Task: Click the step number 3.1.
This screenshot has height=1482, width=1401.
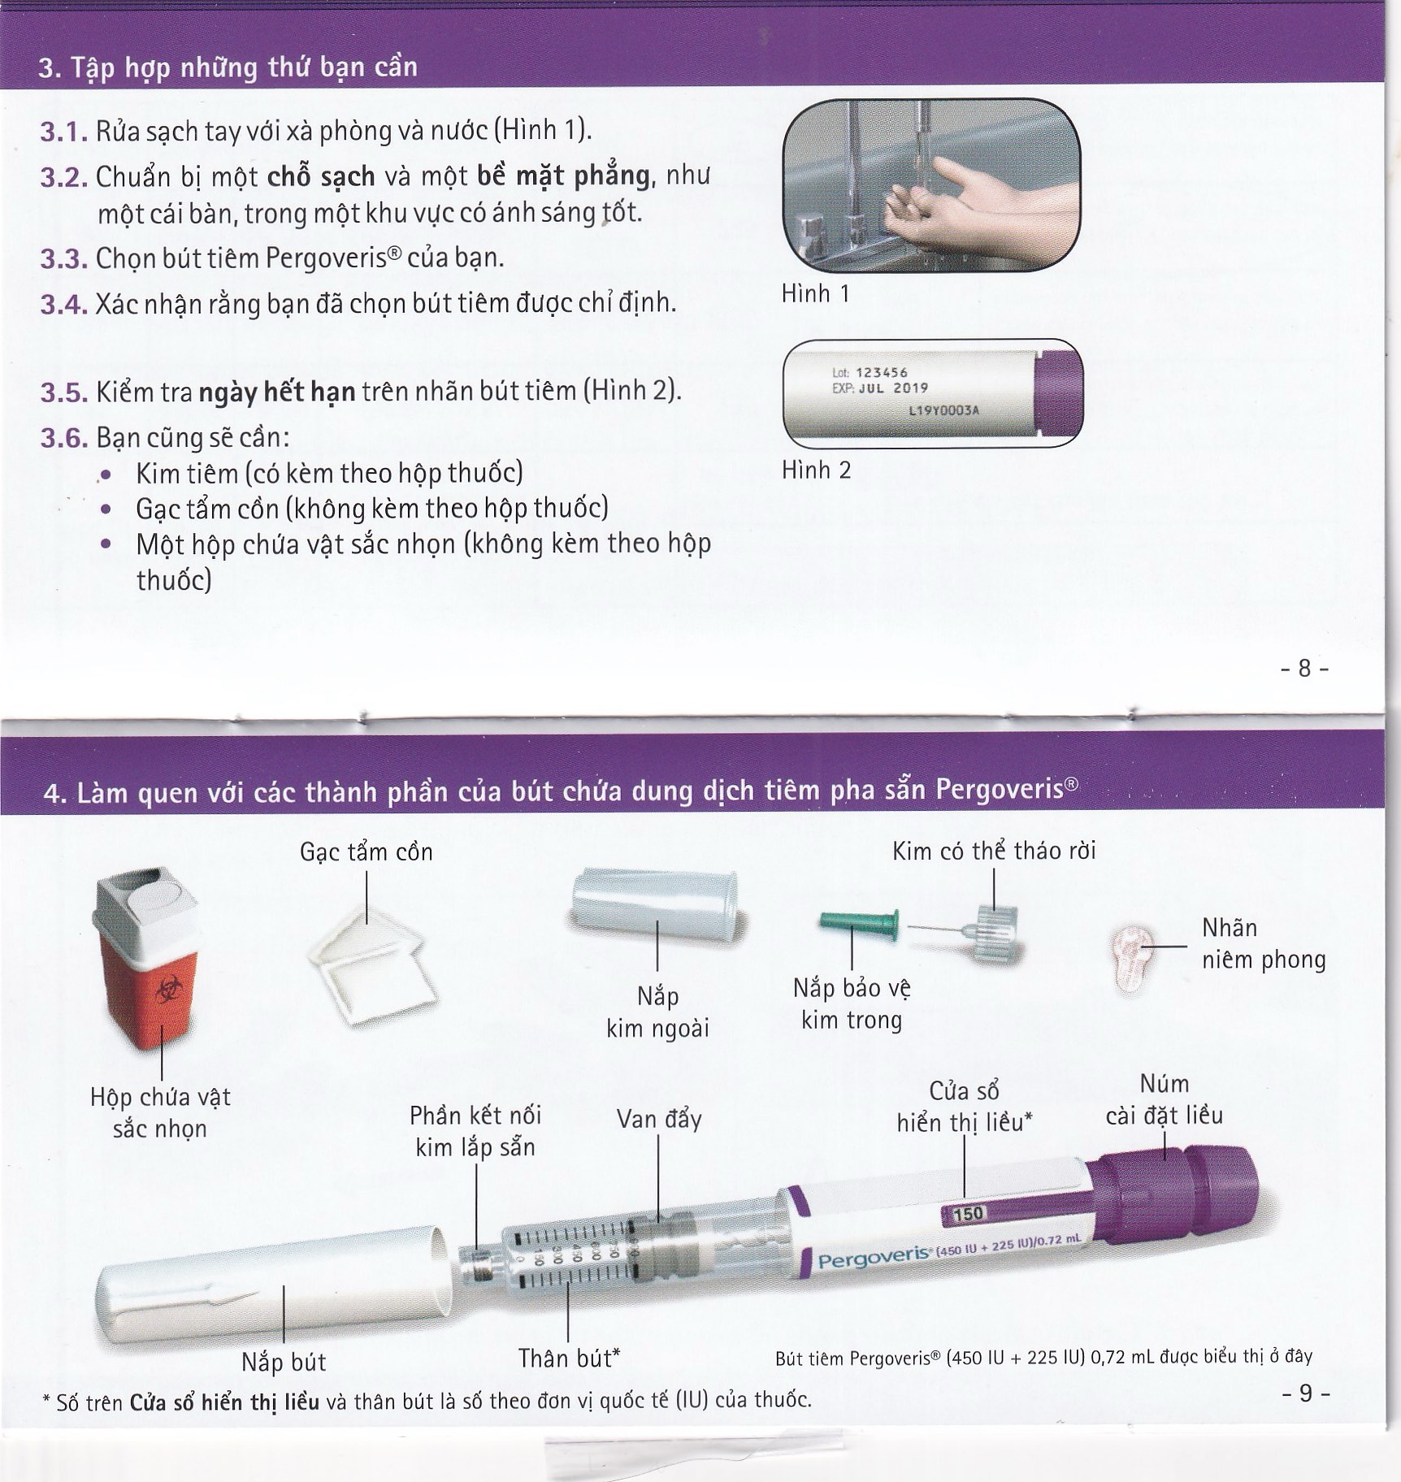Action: point(63,132)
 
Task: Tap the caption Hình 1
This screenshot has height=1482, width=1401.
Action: point(815,293)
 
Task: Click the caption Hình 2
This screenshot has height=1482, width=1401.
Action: point(816,470)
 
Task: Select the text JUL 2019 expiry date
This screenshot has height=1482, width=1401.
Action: point(893,388)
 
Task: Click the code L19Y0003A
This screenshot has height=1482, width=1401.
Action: point(943,410)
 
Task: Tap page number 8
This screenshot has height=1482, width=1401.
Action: point(1303,668)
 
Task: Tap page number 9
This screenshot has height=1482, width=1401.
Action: point(1305,1393)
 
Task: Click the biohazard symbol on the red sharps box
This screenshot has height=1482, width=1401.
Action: point(168,991)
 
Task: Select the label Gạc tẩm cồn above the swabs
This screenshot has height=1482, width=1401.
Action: point(366,851)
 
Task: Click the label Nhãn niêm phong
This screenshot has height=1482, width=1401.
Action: point(1262,943)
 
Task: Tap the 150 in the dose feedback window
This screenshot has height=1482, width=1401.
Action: point(967,1214)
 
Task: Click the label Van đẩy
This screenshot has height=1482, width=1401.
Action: point(658,1119)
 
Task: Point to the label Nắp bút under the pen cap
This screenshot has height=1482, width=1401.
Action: point(283,1362)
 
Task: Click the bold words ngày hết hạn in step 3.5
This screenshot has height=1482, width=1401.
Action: point(277,392)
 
